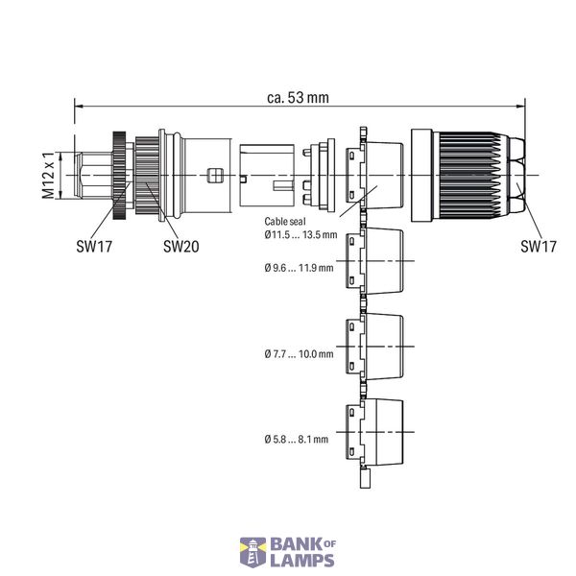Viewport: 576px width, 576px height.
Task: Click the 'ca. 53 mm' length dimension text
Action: (298, 98)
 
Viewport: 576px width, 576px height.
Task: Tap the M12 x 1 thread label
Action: (49, 175)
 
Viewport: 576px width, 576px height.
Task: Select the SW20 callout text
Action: (181, 246)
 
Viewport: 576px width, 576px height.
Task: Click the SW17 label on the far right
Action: (539, 246)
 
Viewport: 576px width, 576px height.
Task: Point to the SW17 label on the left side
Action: (94, 246)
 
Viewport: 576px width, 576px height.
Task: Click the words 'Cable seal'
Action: (285, 222)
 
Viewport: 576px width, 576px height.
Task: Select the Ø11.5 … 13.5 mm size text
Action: (300, 234)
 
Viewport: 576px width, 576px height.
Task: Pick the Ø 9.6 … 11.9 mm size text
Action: (299, 268)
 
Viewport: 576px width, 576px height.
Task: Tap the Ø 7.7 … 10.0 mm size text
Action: (299, 354)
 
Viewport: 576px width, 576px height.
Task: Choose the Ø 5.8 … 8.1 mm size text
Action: (297, 440)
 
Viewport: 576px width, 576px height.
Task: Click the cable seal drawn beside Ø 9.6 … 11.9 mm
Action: (374, 261)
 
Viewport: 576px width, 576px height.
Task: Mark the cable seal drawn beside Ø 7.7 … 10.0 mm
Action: (374, 347)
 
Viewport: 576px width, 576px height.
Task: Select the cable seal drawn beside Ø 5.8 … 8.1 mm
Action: (374, 432)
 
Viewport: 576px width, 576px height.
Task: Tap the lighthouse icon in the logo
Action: (252, 553)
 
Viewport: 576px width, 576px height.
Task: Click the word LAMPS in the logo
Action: (302, 561)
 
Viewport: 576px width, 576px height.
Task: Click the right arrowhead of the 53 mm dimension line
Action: (520, 107)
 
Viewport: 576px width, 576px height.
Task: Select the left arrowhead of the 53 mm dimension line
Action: (80, 107)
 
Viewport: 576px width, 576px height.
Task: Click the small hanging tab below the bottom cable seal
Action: (365, 479)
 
